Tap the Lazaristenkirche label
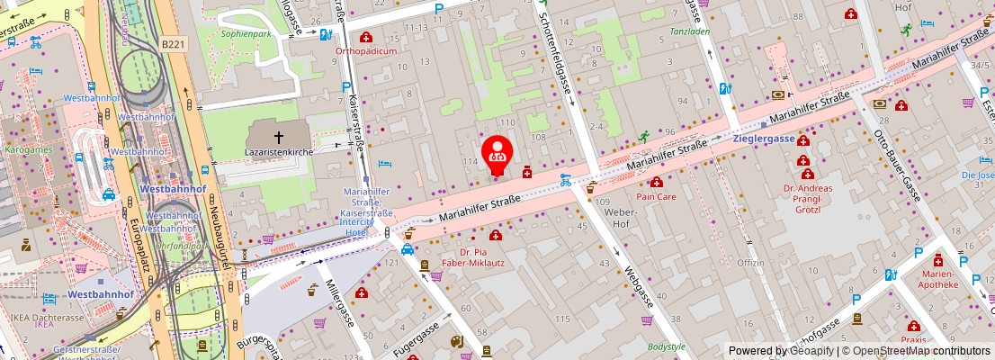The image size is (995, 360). pos(278,153)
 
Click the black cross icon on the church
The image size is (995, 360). pos(279,138)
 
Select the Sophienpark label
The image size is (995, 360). pos(247,33)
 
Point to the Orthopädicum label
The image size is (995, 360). pos(366,51)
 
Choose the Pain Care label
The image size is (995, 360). pos(656,195)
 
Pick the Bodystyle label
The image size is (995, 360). pos(666,346)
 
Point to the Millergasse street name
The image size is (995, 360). pos(343,304)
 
